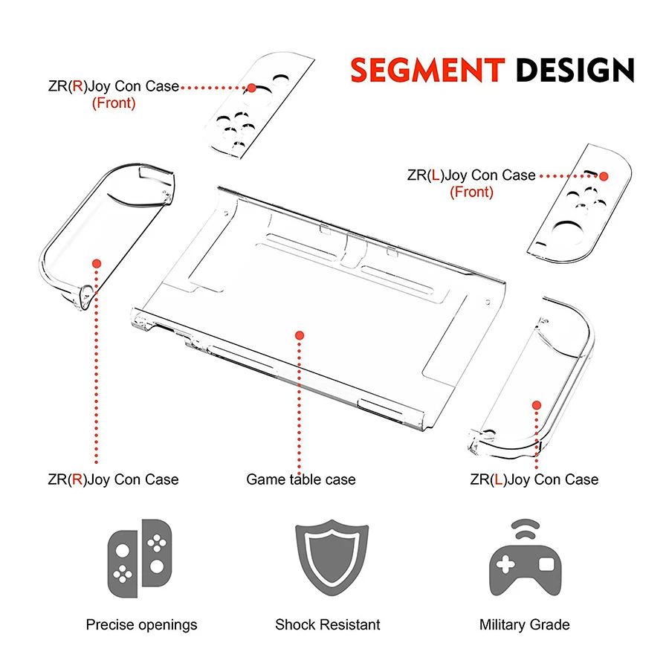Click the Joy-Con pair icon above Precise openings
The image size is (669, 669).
[140, 559]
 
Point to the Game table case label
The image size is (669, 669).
[301, 479]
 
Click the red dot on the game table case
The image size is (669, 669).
[300, 335]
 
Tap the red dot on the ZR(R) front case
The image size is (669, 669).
[251, 88]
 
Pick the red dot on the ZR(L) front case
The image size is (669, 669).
[604, 177]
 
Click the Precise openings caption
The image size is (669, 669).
[142, 624]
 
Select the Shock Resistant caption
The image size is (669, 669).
[328, 624]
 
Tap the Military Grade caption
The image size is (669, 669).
[525, 624]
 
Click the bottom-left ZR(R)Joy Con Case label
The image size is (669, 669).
[113, 479]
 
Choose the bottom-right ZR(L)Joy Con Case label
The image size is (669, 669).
[534, 479]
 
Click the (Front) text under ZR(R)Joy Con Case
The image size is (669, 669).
[114, 103]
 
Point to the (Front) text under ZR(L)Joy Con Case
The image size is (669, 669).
[471, 193]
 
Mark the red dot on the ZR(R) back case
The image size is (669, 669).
[96, 262]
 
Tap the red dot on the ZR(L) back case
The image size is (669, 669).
[537, 405]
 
